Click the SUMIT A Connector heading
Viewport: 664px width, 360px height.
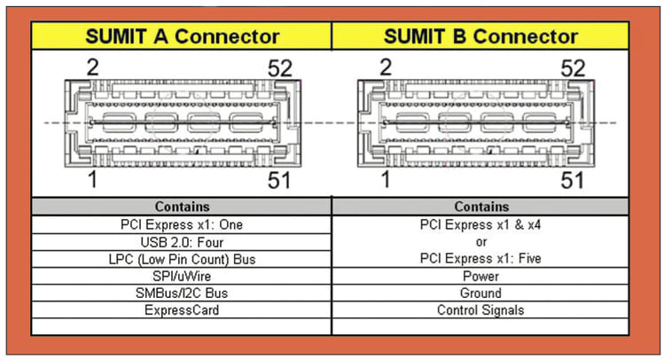[x=182, y=36]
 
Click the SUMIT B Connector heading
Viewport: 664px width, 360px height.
[x=480, y=36]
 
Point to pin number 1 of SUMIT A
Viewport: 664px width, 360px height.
[x=91, y=180]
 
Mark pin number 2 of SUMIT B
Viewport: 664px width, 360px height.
[x=384, y=67]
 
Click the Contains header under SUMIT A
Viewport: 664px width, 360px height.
[x=182, y=206]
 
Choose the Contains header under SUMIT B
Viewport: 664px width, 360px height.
[x=480, y=206]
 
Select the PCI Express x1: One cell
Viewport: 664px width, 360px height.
[x=182, y=224]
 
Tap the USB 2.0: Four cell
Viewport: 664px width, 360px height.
[x=182, y=241]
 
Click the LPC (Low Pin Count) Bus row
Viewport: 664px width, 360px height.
[x=182, y=259]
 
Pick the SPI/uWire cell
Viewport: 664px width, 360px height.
[x=182, y=276]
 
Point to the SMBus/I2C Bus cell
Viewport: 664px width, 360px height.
[x=182, y=293]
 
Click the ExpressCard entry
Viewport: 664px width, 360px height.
[x=182, y=309]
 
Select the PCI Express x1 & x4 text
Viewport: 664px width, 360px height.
[x=480, y=225]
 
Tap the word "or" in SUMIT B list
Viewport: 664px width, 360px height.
[x=480, y=242]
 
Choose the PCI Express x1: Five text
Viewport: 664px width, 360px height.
[x=480, y=259]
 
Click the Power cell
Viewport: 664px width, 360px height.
[x=480, y=276]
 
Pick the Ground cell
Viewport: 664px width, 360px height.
[x=480, y=293]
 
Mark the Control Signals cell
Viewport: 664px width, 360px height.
[x=480, y=309]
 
